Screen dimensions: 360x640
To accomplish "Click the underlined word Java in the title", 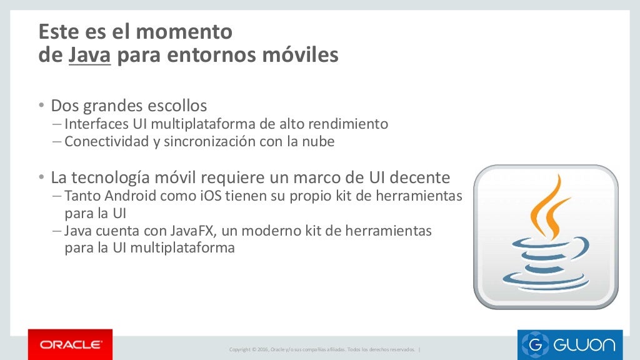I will (90, 55).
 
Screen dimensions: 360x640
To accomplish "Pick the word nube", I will (319, 141).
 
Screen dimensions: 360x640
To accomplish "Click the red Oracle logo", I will (71, 344).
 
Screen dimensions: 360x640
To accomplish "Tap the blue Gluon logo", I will (569, 344).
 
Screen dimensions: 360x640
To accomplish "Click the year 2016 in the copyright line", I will (262, 349).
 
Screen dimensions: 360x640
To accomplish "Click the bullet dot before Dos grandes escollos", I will (41, 106).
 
